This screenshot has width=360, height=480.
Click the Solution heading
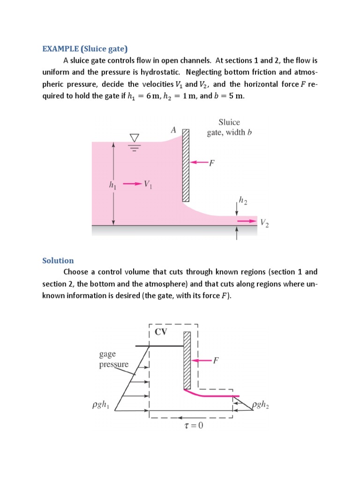[x=58, y=260]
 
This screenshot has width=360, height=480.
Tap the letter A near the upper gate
[x=173, y=131]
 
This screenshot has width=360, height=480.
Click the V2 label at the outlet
[x=264, y=224]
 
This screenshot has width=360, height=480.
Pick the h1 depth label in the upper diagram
[x=112, y=186]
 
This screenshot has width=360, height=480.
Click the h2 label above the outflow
[x=243, y=200]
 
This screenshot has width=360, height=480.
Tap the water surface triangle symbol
[x=135, y=138]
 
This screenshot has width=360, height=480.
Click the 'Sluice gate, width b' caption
[x=230, y=127]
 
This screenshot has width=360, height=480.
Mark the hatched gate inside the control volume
[x=187, y=360]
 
